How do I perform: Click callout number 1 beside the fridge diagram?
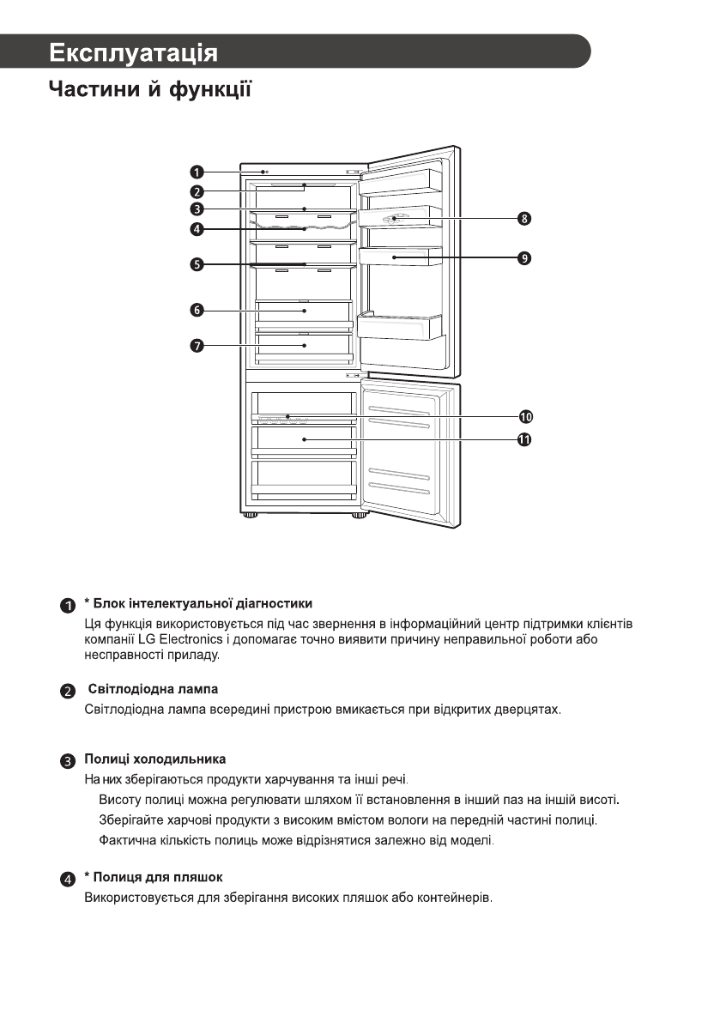197,172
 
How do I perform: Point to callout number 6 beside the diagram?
197,310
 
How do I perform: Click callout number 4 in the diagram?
197,229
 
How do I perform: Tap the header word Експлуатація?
133,52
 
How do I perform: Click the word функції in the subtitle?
209,89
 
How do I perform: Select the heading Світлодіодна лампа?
154,689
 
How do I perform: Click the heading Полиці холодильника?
155,759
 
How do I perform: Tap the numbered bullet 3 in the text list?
67,761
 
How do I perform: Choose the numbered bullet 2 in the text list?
67,691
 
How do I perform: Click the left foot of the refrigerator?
251,517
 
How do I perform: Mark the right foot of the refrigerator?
358,517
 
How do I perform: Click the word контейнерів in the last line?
452,898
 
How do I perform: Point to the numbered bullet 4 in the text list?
67,879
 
